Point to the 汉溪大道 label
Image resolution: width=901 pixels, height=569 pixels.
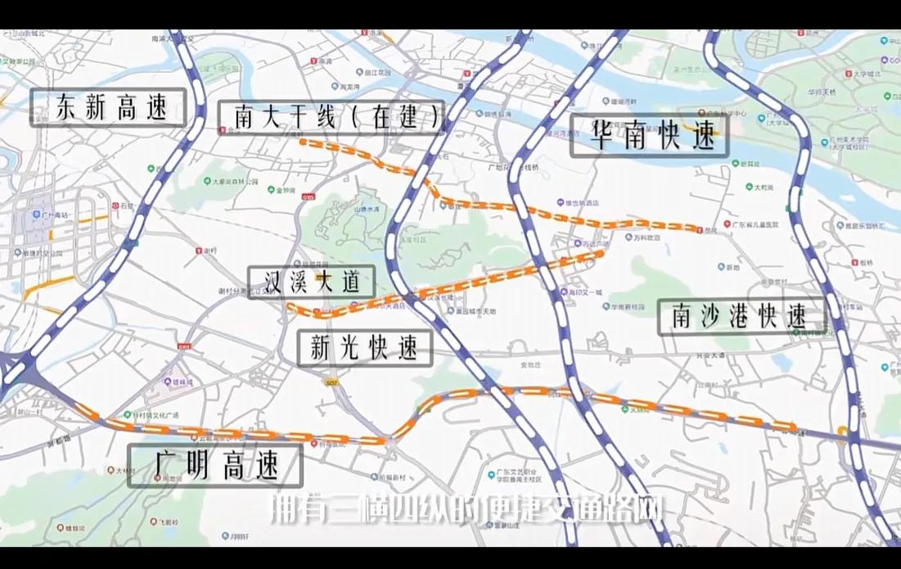[x=311, y=282]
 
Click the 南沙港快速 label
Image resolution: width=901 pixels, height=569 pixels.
[x=741, y=317]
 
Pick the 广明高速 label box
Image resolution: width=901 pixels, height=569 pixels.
[x=216, y=467]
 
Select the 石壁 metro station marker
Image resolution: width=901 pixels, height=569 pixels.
[x=115, y=206]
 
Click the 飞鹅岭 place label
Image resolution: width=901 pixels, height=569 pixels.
[x=169, y=522]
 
